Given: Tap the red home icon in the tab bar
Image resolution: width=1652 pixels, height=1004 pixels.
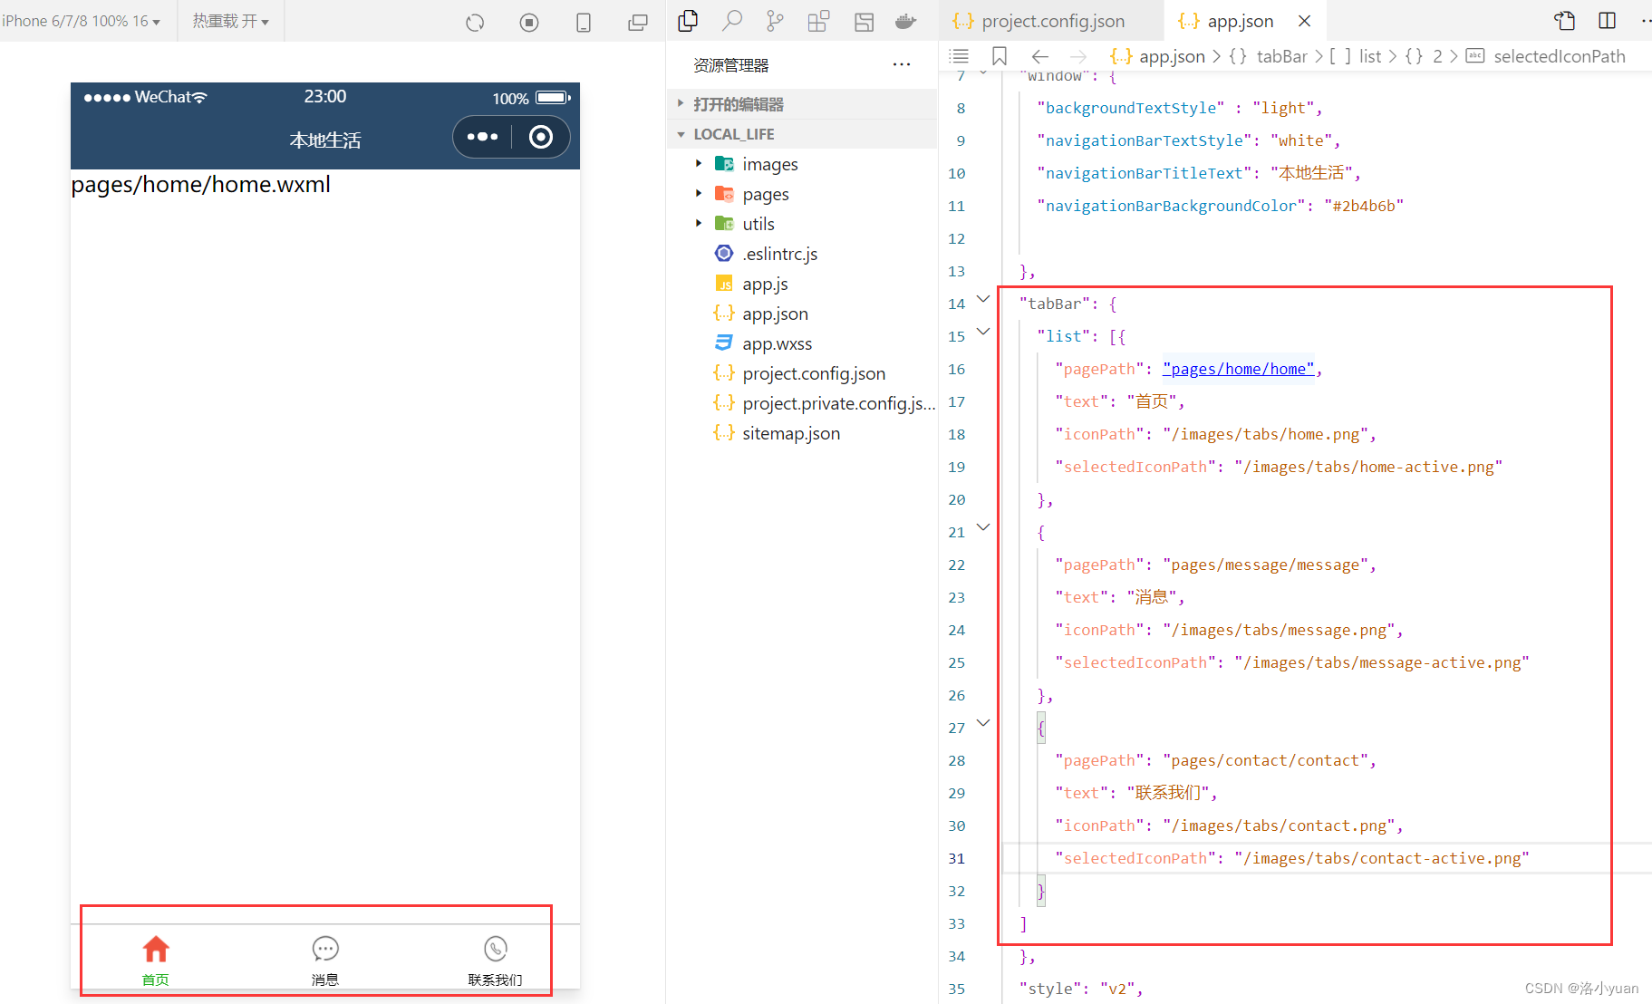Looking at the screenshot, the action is coord(156,949).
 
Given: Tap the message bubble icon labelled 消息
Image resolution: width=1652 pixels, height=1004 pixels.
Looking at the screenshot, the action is coord(325,949).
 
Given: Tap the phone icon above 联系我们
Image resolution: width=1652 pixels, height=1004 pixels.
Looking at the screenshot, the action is coord(495,949).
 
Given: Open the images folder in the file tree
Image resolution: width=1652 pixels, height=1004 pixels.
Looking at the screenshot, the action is coord(769,164).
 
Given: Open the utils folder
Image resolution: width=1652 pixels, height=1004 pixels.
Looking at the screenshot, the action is coord(758,224).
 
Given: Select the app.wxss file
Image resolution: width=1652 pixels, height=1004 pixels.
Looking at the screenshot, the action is coord(777,343).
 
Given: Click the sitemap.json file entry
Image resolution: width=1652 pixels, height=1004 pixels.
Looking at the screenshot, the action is coord(790,433).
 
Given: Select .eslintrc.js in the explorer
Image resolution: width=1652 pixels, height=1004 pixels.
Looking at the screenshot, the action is coord(779,254).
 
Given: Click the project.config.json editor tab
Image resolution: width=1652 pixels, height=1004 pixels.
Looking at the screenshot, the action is coord(1052,21).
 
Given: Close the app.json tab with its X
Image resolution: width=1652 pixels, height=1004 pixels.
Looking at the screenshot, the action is coord(1304,21).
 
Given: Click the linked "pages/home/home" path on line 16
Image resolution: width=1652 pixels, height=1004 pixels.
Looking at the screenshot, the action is coord(1238,369).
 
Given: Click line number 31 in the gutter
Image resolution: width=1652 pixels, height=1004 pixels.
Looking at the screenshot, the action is coord(956,858).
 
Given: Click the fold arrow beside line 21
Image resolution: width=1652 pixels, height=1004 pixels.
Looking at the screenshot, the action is coord(983,527).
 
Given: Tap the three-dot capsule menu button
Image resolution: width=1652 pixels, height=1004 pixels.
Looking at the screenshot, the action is coord(482,137).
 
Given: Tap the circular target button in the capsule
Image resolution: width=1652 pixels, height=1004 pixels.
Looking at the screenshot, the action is coord(541,137).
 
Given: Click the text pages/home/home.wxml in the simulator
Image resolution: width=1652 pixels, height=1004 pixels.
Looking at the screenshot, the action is coord(200,185).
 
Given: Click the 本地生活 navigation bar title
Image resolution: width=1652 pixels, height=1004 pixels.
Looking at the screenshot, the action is coord(325,140).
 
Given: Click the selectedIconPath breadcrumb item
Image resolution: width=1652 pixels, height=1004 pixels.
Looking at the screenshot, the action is coord(1559,56).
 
